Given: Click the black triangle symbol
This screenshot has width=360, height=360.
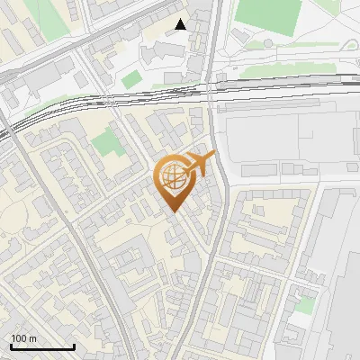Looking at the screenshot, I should click(x=181, y=24).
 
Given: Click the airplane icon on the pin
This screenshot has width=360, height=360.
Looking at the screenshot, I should click(x=201, y=164).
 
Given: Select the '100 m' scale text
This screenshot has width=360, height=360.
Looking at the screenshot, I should click(x=23, y=338).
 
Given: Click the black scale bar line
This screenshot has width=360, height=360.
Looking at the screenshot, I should click(x=42, y=347).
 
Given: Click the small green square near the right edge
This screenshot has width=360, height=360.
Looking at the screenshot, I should click(x=306, y=305).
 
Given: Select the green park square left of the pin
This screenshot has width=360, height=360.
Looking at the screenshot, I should click(x=107, y=140).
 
